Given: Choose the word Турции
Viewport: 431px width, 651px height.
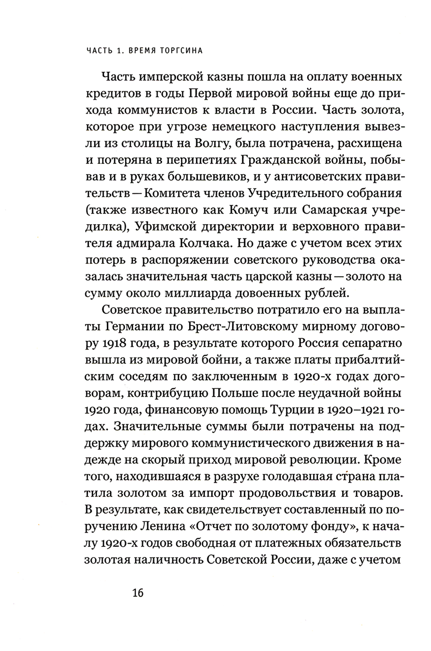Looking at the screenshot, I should pyautogui.click(x=297, y=410).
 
